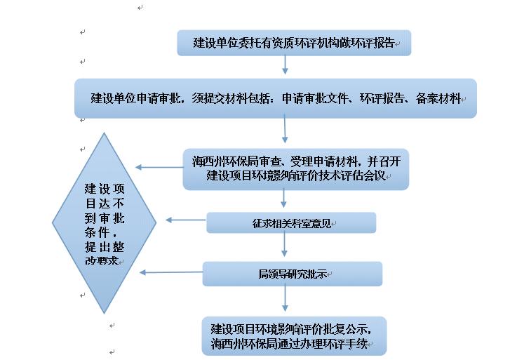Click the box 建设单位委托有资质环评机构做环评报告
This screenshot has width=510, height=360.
coord(293,43)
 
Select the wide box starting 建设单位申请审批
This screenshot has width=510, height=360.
coord(276,98)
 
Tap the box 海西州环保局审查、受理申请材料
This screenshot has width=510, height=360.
coord(296,169)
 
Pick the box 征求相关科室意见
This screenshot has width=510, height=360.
coord(291,223)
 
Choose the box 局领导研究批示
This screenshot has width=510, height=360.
coord(292,274)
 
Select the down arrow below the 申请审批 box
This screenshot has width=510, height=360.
coord(286,132)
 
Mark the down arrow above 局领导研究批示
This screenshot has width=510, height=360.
coord(286,248)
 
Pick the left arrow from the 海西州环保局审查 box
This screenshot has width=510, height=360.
coord(159,167)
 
